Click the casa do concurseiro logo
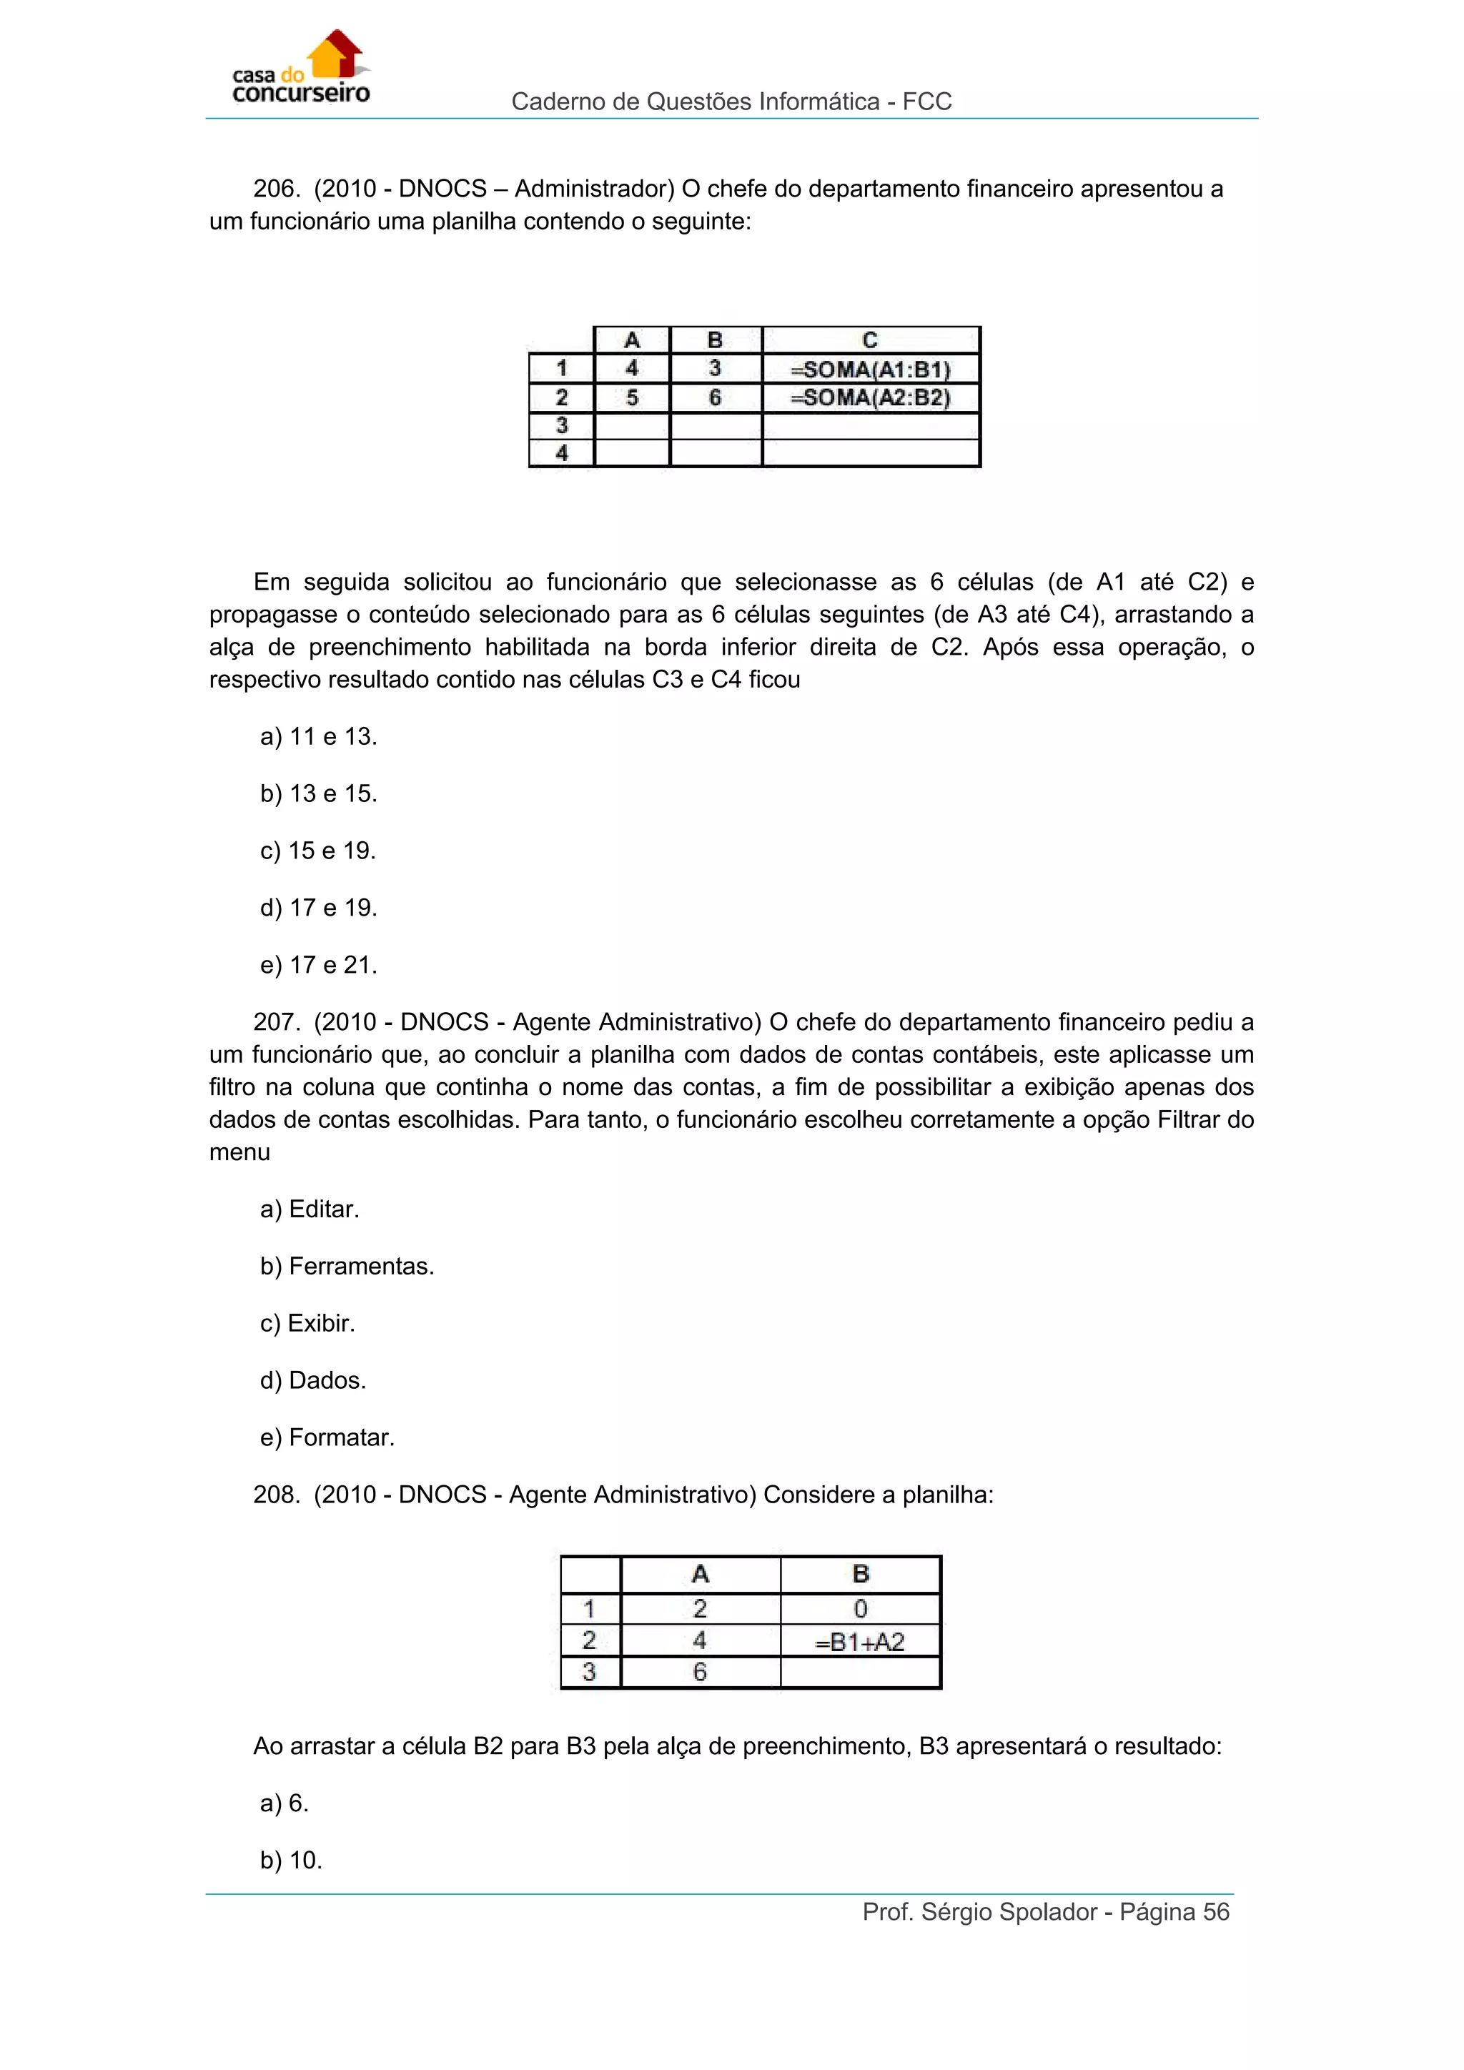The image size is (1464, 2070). pos(300,70)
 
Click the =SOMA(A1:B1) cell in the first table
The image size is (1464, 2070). pos(870,370)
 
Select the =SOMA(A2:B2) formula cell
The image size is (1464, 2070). pos(870,397)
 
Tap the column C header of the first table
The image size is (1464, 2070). pos(870,340)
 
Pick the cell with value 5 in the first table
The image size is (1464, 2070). pos(632,397)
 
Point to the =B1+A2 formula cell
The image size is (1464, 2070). pos(860,1642)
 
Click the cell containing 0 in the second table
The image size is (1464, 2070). pos(860,1609)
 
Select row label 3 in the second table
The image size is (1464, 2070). pos(590,1673)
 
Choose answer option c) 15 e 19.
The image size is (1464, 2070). pos(317,850)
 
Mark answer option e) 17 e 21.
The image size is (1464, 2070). pos(318,965)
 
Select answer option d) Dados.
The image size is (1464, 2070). pos(313,1380)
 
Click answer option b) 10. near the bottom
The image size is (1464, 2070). pos(290,1860)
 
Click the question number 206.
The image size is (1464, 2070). pos(275,189)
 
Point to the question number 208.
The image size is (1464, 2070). pos(275,1495)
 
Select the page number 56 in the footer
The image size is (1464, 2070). pos(1216,1912)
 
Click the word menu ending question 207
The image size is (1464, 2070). pos(239,1152)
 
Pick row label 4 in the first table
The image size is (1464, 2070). pos(562,453)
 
